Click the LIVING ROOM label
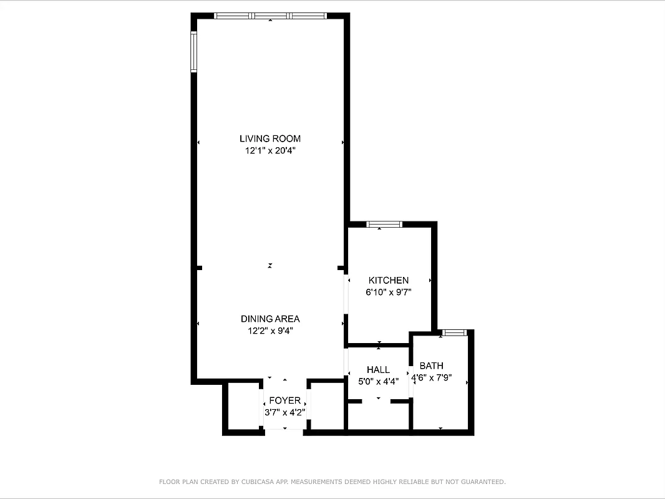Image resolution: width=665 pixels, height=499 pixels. tap(269, 138)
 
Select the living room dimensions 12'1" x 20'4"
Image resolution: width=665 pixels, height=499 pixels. tap(269, 150)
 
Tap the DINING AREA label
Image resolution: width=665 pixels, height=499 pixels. tap(269, 319)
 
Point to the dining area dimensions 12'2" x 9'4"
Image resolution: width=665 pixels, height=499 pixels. tap(269, 331)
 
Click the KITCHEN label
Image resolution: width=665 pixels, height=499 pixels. tap(389, 281)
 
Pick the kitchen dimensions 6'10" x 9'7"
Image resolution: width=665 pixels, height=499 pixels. tap(389, 292)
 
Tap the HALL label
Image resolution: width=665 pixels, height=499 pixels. tap(378, 370)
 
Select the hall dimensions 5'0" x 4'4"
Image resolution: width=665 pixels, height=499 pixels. tap(378, 381)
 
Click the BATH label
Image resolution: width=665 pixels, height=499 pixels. tap(431, 366)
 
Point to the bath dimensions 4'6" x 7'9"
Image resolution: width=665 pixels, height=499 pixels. tap(431, 377)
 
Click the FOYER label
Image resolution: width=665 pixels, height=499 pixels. tap(284, 400)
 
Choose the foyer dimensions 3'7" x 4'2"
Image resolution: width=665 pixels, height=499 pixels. tap(284, 412)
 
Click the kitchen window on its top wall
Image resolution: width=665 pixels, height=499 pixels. tap(384, 225)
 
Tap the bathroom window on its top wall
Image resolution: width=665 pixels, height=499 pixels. tap(454, 332)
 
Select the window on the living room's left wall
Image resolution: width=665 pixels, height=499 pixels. tap(194, 52)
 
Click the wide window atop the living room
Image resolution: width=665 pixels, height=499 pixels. tap(270, 16)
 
